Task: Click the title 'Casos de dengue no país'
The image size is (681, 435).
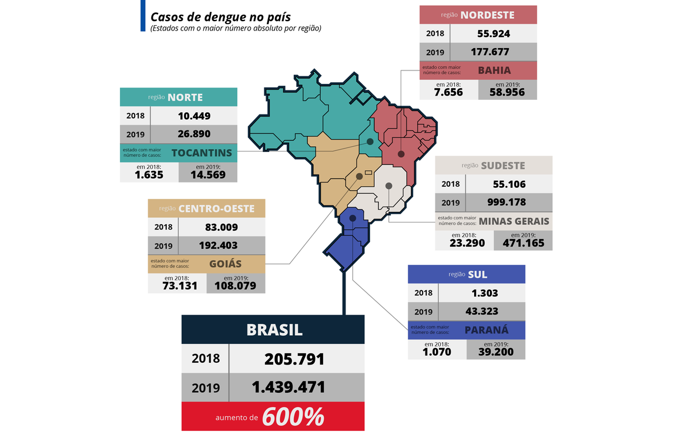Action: (x=220, y=16)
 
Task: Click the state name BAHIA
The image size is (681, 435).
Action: (x=494, y=70)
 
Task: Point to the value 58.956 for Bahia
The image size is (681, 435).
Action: (x=507, y=92)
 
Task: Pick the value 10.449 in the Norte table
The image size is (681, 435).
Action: (x=194, y=116)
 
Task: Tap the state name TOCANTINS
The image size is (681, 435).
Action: (x=202, y=153)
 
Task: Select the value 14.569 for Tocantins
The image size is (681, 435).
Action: (x=207, y=174)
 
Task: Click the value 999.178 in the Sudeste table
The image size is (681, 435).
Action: (x=509, y=202)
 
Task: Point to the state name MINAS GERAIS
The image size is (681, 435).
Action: (x=514, y=221)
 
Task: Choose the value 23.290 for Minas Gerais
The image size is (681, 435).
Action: (x=464, y=242)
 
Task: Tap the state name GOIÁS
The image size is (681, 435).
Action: (x=225, y=264)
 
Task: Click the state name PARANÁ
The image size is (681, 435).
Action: (x=487, y=330)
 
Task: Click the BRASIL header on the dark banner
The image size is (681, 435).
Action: (x=274, y=329)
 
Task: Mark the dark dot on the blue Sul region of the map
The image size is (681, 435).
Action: (x=352, y=218)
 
